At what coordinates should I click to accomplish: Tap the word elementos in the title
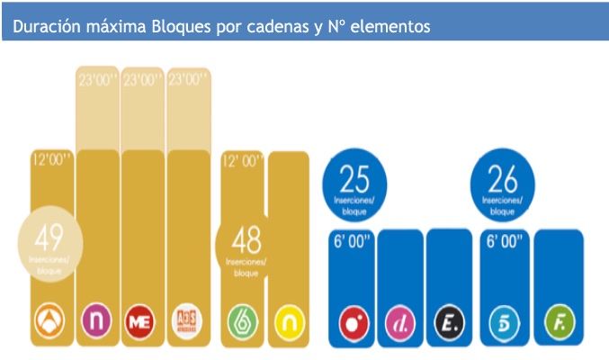(390, 27)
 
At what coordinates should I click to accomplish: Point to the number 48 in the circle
(246, 240)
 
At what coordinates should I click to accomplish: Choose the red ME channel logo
(140, 320)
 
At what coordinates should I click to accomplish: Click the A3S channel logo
(184, 320)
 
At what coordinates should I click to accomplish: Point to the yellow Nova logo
(289, 320)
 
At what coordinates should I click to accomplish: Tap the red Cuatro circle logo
(353, 320)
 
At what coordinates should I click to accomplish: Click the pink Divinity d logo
(399, 320)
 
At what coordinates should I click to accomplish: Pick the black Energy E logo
(447, 320)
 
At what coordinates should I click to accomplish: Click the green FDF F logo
(557, 320)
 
